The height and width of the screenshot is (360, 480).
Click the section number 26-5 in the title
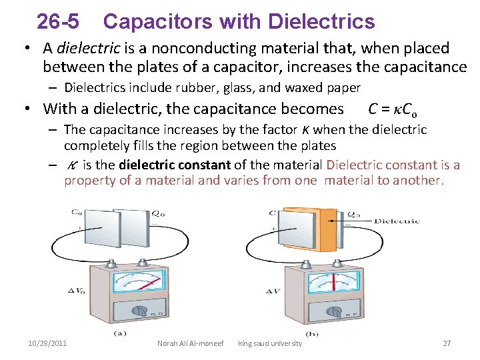pos(57,22)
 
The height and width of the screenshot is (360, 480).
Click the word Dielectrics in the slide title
pos(321,22)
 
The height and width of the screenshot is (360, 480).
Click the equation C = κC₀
pos(393,109)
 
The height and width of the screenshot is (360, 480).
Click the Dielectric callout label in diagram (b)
pos(396,221)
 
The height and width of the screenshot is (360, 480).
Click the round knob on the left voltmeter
pos(141,311)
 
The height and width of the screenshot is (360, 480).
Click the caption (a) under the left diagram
pos(121,333)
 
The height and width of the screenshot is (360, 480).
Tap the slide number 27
pos(447,343)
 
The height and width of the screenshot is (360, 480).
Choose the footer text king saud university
pos(270,343)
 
